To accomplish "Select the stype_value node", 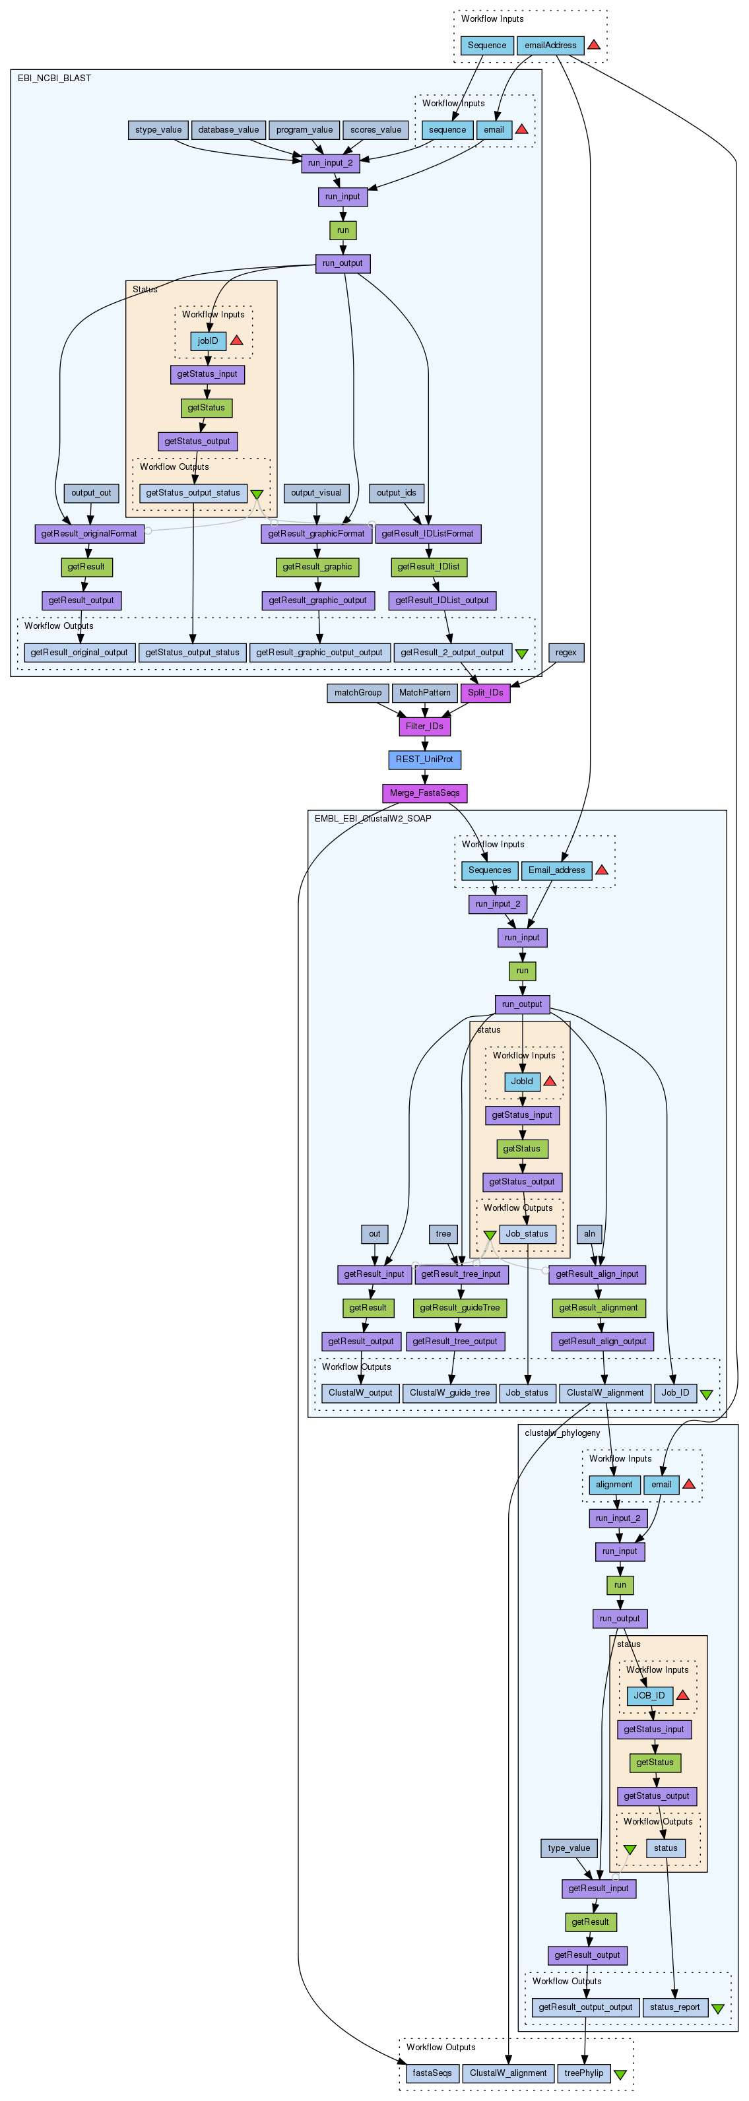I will [x=158, y=130].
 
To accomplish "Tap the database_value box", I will [x=228, y=130].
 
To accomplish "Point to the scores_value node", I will [x=375, y=130].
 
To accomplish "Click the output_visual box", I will [x=317, y=493].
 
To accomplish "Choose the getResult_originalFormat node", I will [x=89, y=533].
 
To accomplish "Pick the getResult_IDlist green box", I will [x=428, y=567].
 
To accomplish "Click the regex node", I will [x=566, y=653].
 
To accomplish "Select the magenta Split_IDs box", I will [x=486, y=692].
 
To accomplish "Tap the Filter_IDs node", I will [x=424, y=726].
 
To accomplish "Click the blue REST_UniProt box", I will [x=424, y=760].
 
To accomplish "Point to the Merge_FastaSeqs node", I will [x=424, y=792].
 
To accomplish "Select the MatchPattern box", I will [x=424, y=692].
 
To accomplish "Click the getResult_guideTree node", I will [x=459, y=1307].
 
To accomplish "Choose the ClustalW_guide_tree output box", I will [x=449, y=1392].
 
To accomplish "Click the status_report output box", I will [x=674, y=2007].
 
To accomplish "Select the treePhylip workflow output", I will [x=583, y=2073].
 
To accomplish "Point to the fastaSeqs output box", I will [x=432, y=2073].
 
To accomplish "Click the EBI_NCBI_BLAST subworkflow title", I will [x=55, y=79].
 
